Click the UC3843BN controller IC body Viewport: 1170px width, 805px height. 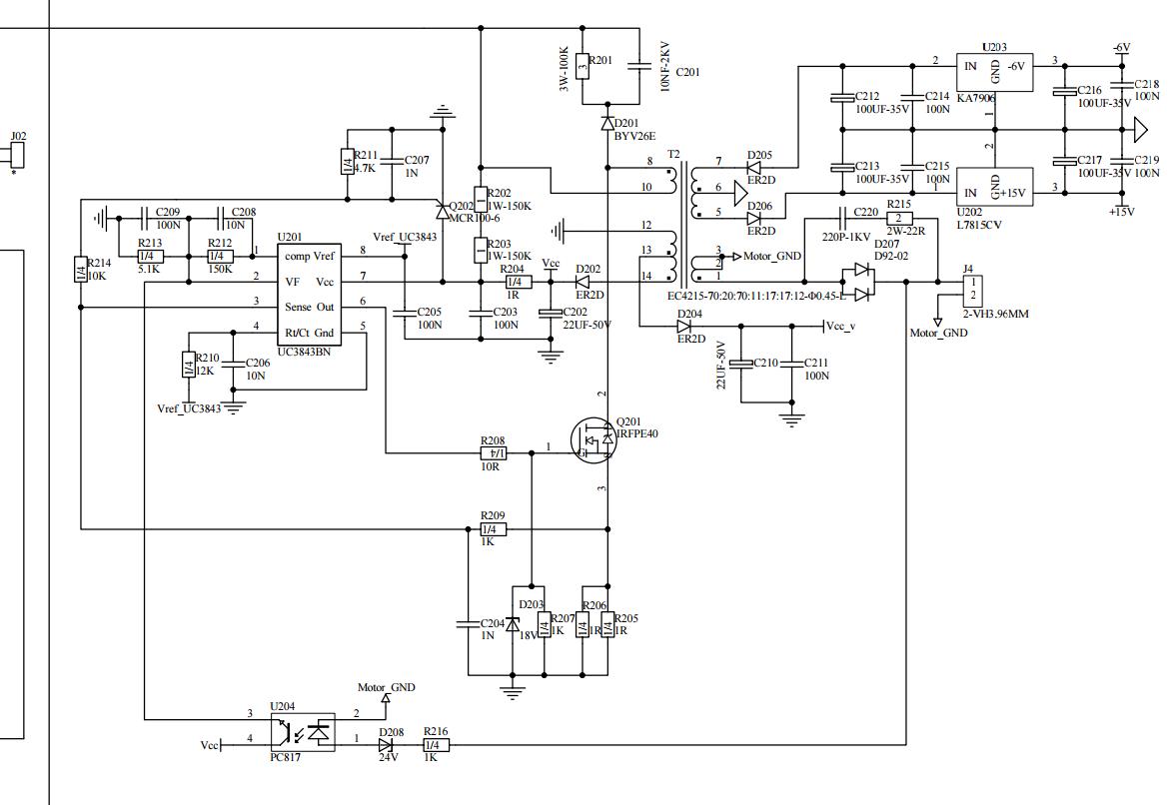(x=309, y=295)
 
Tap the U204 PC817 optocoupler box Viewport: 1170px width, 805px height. (x=303, y=732)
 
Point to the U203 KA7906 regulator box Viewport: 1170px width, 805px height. (x=994, y=73)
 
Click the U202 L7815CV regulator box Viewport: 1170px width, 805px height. (x=994, y=187)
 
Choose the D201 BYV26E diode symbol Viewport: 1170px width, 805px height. (x=607, y=123)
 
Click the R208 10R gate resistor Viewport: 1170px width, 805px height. (x=493, y=452)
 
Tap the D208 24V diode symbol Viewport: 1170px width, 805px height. (x=386, y=745)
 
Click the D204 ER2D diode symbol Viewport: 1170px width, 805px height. (x=684, y=326)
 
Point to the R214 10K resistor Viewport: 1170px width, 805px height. (x=81, y=270)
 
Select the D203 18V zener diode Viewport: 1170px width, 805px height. (x=513, y=624)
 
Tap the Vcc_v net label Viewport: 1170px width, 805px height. (x=840, y=327)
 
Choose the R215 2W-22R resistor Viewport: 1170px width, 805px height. (x=898, y=219)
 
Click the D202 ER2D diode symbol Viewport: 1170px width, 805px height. (x=583, y=283)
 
